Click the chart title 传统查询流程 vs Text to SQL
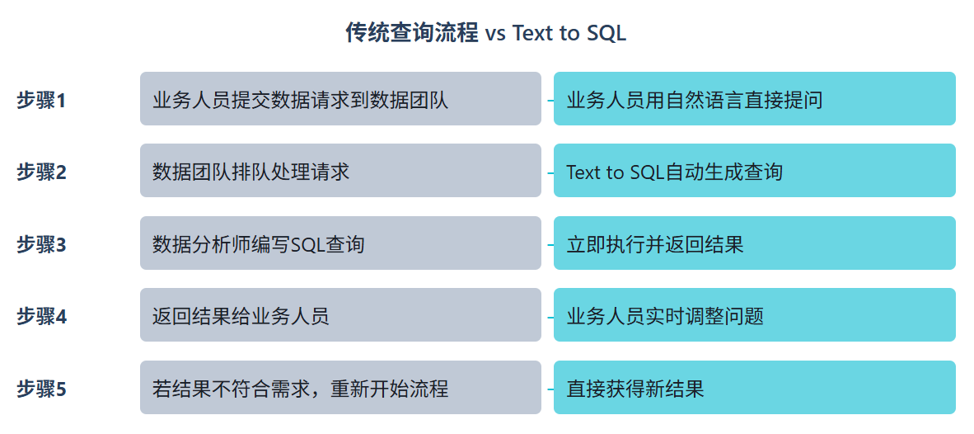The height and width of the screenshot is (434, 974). (485, 33)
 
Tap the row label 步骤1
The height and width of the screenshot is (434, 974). (41, 100)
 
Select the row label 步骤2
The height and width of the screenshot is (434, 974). (41, 172)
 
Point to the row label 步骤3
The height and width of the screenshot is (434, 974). (41, 244)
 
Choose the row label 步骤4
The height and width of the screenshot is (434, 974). (41, 317)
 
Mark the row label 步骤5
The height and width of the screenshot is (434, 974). (41, 389)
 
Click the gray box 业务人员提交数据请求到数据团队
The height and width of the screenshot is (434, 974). (340, 99)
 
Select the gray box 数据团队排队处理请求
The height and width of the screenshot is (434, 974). (340, 170)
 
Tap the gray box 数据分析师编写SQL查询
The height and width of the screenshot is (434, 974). (340, 243)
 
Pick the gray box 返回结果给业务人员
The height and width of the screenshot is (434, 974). (340, 314)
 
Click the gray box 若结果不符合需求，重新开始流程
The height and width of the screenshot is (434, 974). (340, 387)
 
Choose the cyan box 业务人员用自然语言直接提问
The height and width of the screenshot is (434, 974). (755, 99)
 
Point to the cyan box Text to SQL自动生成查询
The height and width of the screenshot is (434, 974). (755, 170)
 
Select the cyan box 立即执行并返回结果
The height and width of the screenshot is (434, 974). (755, 243)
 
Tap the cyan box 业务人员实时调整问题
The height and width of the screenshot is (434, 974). (755, 314)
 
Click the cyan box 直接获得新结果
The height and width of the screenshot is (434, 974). (755, 387)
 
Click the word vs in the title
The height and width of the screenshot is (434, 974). (495, 35)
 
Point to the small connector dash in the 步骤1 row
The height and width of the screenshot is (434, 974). (550, 100)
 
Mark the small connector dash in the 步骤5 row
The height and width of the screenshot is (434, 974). (550, 389)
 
